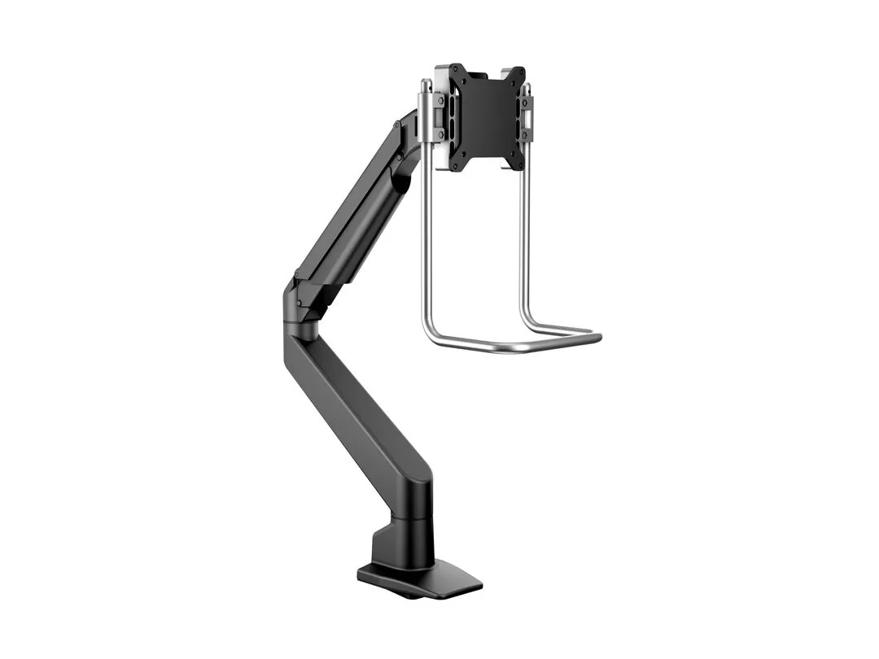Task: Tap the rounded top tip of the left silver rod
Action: pos(425,82)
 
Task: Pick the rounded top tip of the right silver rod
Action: pos(527,86)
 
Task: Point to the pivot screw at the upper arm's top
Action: pos(398,126)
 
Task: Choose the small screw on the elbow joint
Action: pos(299,303)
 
